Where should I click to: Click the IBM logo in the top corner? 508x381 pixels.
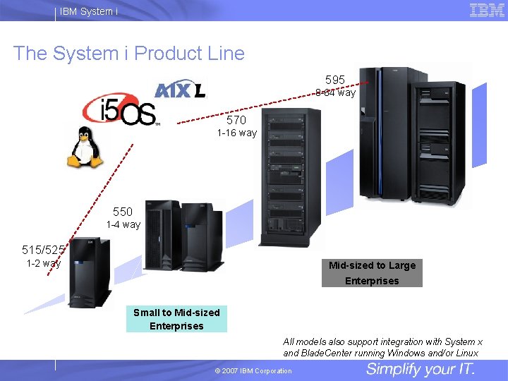coord(487,10)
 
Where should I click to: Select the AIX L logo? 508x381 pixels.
coord(179,90)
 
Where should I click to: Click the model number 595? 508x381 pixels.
coord(335,80)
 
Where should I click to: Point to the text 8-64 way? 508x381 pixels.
coord(336,93)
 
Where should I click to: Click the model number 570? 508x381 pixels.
coord(236,120)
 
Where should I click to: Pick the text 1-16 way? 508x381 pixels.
coord(236,133)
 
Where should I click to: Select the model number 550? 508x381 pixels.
coord(123,212)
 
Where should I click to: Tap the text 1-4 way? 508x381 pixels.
coord(123,224)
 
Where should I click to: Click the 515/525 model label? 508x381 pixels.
coord(44,250)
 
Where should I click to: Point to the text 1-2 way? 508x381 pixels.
coord(44,263)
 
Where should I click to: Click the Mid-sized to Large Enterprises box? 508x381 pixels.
coord(372,273)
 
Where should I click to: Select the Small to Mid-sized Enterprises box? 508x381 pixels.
coord(176,319)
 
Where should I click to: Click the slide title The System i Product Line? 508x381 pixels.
coord(129,54)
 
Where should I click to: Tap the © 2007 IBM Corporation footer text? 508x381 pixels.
coord(253,371)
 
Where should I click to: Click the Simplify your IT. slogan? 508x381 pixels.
coord(421,370)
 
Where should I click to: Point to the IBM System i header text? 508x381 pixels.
coord(89,11)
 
